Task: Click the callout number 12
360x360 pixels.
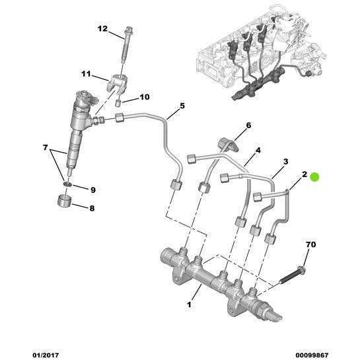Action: [102, 29]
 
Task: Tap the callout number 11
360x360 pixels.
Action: [86, 74]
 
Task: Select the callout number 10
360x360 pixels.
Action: [145, 97]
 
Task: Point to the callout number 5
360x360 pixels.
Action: [182, 106]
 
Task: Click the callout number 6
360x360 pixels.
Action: [248, 126]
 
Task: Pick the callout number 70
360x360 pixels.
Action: [311, 244]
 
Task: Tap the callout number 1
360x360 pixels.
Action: [189, 305]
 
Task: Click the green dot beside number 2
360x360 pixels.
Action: [314, 177]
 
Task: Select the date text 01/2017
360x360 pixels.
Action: [46, 355]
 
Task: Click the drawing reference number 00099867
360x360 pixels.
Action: [312, 355]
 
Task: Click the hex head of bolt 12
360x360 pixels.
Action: [129, 31]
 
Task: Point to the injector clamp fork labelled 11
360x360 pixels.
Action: [118, 85]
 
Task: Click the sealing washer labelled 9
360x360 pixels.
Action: [67, 184]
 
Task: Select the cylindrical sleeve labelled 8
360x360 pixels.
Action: [64, 201]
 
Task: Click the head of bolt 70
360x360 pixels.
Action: [301, 270]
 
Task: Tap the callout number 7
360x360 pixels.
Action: [45, 147]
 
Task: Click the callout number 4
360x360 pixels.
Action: [258, 151]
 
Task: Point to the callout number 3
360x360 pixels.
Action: [285, 161]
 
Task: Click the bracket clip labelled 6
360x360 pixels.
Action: [229, 144]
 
